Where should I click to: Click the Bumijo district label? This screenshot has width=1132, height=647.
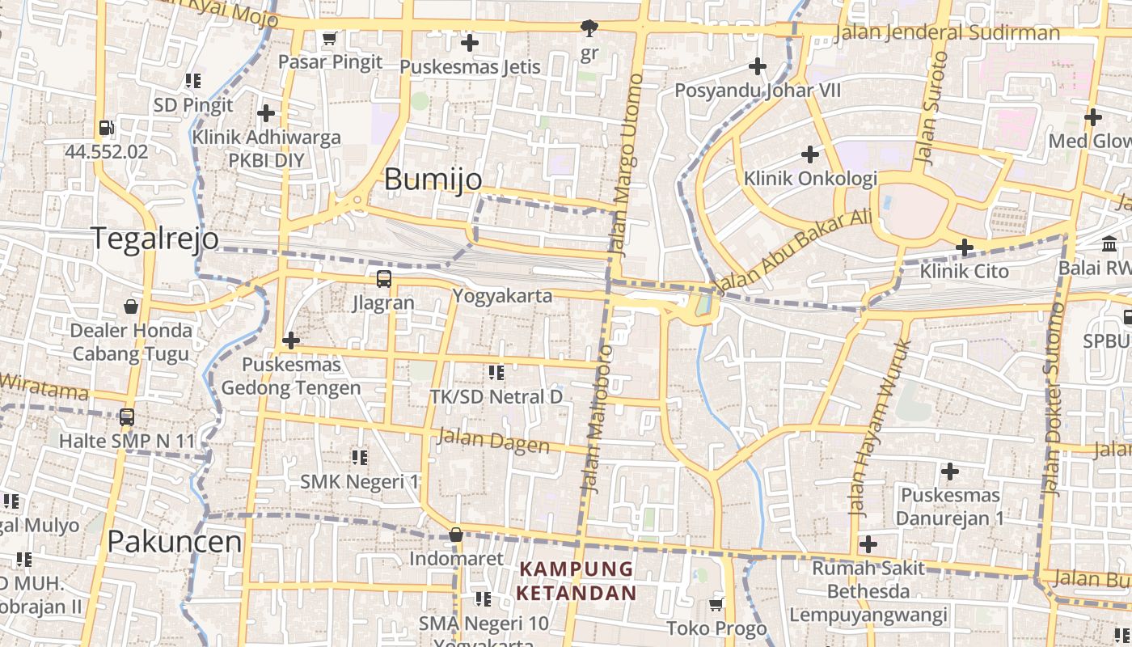433,179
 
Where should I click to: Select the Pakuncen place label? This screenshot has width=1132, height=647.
175,541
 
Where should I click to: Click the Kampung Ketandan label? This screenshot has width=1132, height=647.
577,581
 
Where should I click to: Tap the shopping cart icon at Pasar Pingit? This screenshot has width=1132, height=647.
329,38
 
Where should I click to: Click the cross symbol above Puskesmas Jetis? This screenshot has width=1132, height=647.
469,42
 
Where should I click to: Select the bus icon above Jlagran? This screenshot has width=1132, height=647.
384,279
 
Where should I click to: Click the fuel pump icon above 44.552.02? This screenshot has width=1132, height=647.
106,128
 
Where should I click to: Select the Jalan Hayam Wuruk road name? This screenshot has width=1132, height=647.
880,428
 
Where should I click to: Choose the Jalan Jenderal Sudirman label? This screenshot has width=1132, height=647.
946,32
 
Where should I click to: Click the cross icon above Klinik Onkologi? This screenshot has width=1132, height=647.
809,154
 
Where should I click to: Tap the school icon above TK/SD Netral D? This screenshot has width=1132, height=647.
496,373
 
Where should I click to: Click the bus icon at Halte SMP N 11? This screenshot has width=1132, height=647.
127,417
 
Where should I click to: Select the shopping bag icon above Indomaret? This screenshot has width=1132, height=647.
456,535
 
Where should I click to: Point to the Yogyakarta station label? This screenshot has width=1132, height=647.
502,295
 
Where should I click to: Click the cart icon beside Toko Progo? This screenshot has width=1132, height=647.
716,604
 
